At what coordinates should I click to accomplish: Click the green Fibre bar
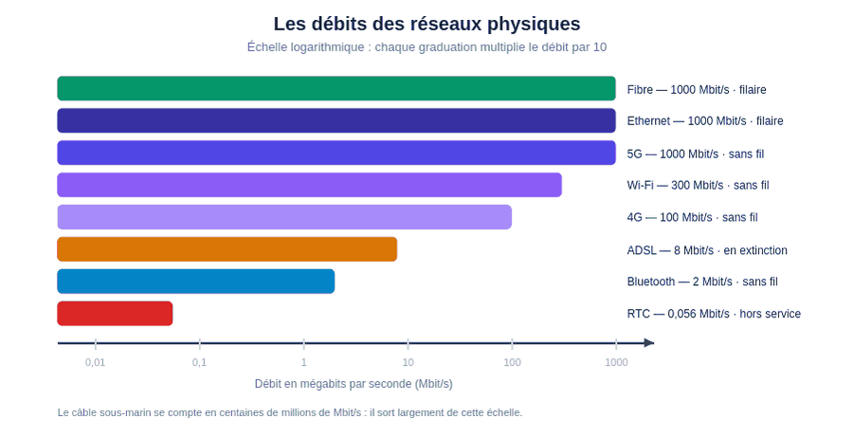click(336, 89)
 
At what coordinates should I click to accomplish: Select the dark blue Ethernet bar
click(336, 120)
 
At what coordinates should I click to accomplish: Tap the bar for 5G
click(336, 153)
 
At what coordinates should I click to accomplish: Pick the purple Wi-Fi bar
click(310, 185)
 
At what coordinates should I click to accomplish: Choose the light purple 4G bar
click(284, 217)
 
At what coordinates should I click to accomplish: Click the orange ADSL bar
click(227, 249)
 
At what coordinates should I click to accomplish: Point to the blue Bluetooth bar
click(196, 282)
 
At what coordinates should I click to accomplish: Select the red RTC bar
click(115, 314)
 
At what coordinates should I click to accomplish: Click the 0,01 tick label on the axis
click(95, 362)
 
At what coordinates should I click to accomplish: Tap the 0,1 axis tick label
click(200, 362)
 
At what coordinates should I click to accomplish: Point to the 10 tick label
click(408, 362)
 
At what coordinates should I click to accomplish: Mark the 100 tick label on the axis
click(512, 362)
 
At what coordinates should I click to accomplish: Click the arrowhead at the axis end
click(649, 343)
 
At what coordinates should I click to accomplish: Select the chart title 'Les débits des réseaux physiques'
click(427, 24)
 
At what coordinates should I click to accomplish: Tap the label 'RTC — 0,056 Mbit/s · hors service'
click(714, 314)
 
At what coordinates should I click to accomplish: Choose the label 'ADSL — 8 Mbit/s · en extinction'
click(707, 250)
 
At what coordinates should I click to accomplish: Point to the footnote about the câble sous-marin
click(290, 412)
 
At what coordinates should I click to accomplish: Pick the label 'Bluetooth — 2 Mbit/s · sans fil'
click(702, 282)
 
